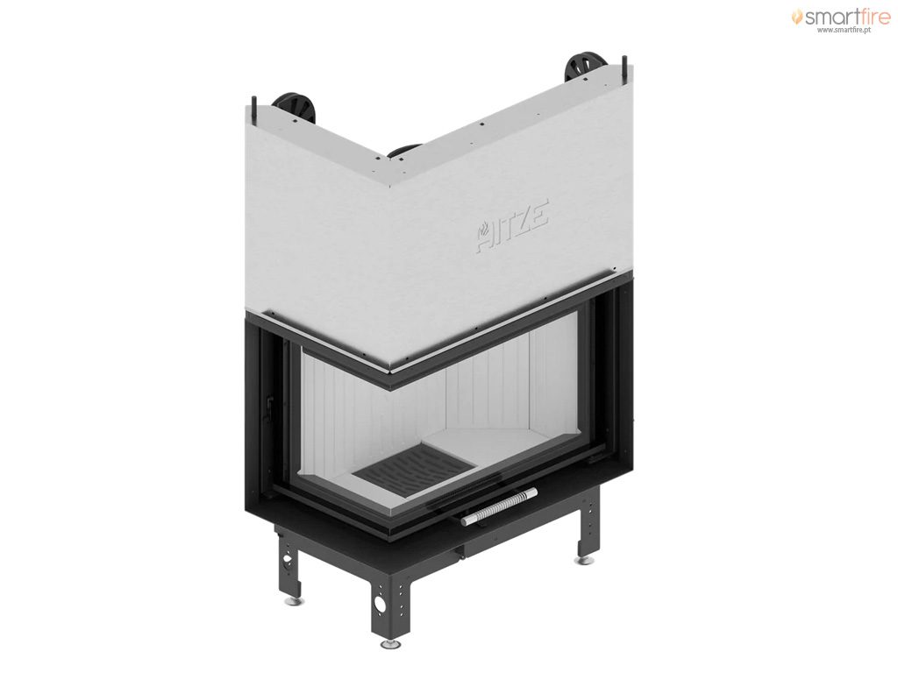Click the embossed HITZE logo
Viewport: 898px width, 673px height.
[x=512, y=225]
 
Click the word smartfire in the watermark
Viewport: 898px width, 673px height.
[x=848, y=18]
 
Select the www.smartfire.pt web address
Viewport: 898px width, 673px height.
[x=845, y=31]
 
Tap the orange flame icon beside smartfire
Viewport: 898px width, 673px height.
[x=797, y=17]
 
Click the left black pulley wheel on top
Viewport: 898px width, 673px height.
[x=295, y=109]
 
